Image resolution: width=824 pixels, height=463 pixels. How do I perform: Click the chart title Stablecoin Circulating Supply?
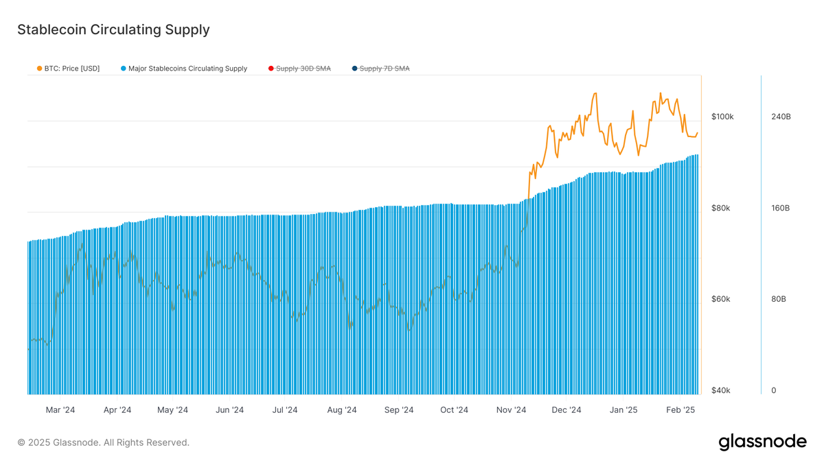113,29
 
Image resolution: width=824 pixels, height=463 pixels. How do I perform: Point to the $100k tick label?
722,117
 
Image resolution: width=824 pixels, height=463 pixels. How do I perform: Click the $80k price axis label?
721,208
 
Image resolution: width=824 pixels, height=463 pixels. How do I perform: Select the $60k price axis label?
721,299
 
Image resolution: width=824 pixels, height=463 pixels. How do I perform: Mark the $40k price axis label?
721,390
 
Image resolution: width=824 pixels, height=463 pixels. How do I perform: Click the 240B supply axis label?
781,117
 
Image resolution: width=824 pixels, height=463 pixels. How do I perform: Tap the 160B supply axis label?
781,208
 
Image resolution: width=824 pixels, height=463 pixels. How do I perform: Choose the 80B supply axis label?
779,299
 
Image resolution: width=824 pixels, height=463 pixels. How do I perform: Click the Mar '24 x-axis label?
60,410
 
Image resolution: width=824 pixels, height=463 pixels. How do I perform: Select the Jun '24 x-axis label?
229,410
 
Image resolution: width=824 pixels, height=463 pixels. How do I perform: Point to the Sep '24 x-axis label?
399,410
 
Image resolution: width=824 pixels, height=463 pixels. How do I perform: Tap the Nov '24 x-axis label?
511,410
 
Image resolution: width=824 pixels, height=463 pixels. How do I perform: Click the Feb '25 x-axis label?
681,410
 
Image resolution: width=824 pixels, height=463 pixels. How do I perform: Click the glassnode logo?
762,442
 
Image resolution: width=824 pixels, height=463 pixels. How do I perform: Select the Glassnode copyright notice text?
103,443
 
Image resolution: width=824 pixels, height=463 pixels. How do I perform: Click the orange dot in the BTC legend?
39,69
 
